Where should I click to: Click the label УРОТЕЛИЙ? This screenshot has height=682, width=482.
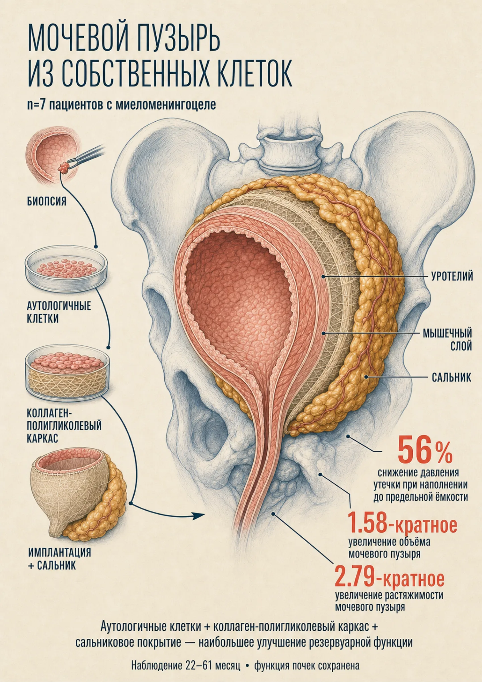[452, 276]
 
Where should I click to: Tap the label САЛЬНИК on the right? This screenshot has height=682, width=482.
[451, 378]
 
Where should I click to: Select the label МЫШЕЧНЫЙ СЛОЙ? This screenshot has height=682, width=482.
[447, 339]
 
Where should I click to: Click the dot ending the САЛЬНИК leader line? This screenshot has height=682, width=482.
[367, 377]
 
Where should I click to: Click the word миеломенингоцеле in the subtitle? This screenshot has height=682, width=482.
[166, 105]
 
